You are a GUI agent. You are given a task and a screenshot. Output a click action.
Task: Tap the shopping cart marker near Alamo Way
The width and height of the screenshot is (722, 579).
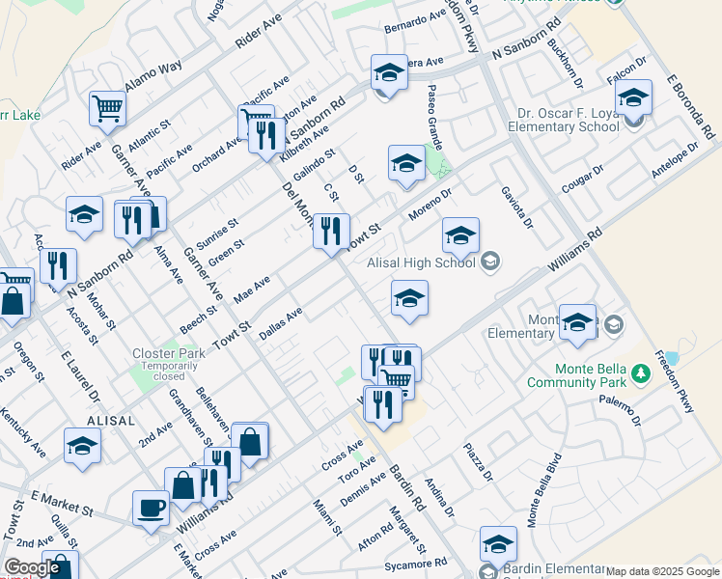click(x=108, y=108)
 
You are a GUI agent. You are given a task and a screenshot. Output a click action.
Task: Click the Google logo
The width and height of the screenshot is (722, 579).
click(x=32, y=567)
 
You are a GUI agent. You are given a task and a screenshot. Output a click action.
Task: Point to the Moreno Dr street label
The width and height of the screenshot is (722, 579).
click(x=430, y=203)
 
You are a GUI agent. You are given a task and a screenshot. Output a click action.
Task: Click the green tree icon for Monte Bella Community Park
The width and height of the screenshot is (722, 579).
click(x=638, y=372)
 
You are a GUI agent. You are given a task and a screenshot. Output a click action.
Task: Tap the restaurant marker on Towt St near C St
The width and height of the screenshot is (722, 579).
click(x=330, y=231)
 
